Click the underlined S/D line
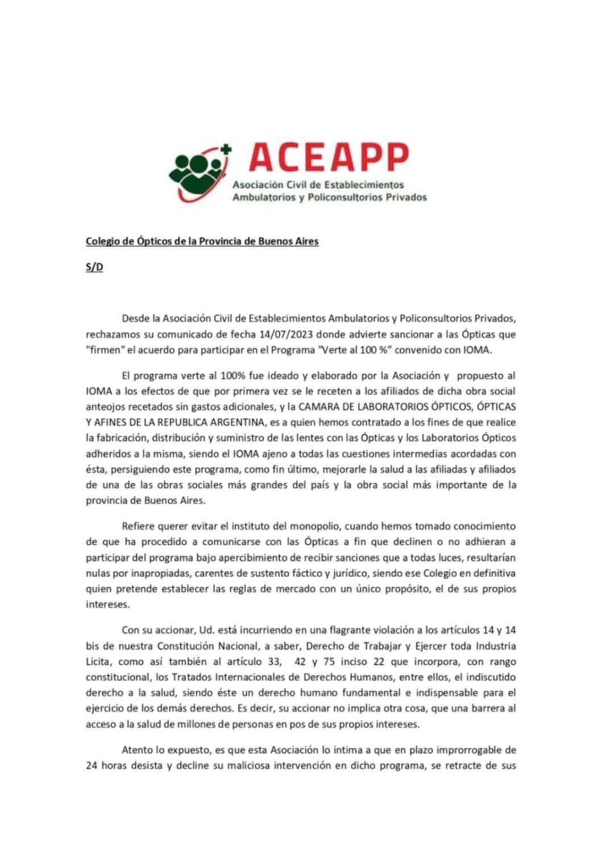[x=94, y=268]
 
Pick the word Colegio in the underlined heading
[x=103, y=241]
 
